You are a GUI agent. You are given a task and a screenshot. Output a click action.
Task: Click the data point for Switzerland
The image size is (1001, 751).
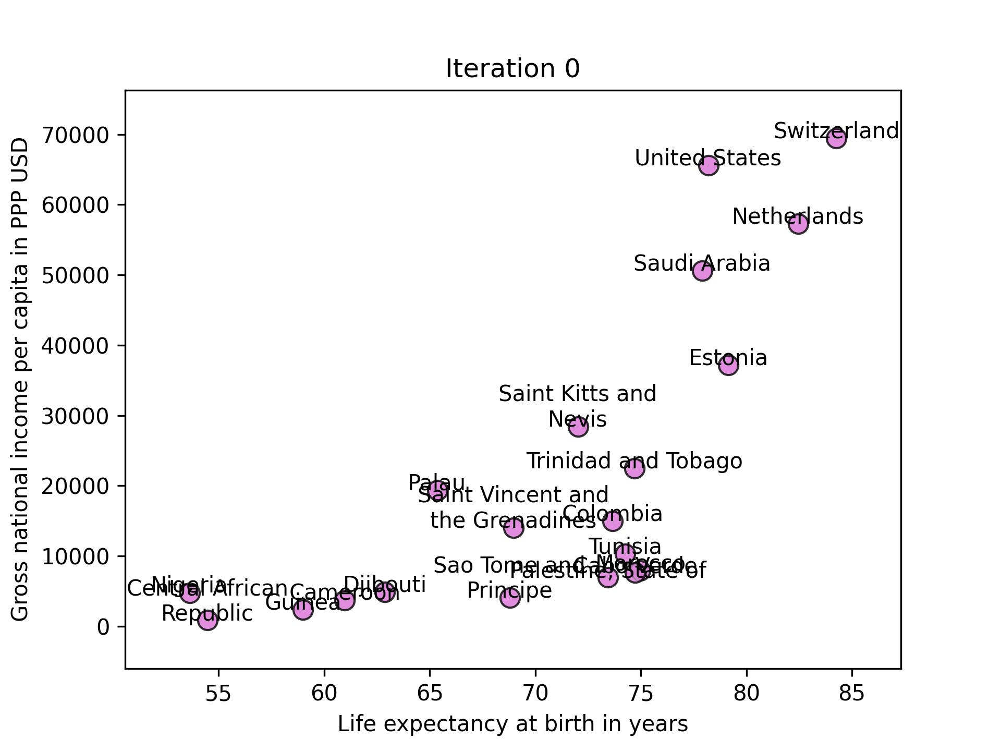point(836,139)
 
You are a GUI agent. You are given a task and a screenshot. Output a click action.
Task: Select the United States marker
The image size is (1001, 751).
point(709,166)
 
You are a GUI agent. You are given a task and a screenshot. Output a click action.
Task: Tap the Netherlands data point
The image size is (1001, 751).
point(798,224)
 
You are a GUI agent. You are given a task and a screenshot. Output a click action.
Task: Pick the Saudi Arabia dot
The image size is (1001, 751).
point(703,271)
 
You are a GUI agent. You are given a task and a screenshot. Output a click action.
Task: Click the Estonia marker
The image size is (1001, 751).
point(728,365)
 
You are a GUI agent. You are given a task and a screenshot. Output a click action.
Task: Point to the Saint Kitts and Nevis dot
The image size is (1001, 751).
point(578,427)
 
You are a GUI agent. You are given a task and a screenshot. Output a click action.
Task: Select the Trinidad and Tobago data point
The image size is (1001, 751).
point(634,468)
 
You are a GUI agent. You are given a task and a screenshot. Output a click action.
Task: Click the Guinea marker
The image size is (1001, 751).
point(303,609)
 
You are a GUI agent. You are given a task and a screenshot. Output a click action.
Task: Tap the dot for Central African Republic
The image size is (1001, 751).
point(207,620)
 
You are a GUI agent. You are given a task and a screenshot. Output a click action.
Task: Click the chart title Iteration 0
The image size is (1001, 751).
point(512,69)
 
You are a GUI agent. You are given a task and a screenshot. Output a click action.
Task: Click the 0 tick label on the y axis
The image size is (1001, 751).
point(103,626)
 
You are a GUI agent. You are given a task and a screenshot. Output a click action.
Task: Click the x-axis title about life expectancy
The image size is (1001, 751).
point(512,724)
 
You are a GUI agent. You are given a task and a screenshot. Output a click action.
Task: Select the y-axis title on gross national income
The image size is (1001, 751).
point(20,379)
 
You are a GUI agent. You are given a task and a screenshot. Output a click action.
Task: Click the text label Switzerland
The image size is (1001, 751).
point(836,131)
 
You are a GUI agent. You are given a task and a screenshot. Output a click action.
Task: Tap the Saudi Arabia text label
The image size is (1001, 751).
point(702,263)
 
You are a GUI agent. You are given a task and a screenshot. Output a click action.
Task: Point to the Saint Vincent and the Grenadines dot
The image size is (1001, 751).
point(514,528)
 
